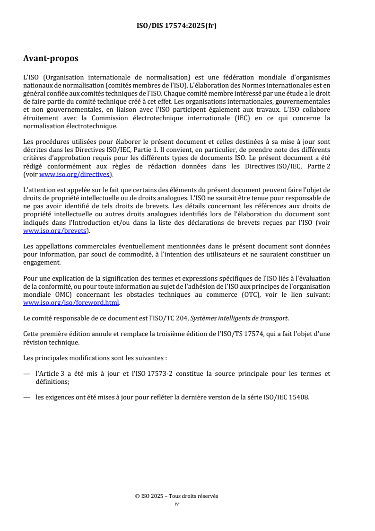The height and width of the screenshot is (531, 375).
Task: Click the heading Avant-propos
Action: click(51, 59)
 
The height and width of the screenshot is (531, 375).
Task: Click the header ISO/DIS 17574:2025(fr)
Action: click(176, 26)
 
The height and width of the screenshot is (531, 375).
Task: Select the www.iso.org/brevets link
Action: click(56, 231)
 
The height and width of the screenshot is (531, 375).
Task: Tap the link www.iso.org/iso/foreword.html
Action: click(71, 303)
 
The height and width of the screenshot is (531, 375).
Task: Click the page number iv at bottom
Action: click(176, 504)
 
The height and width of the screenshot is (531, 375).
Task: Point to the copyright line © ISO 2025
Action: click(176, 496)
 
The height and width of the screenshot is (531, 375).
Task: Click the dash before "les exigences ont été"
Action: click(26, 397)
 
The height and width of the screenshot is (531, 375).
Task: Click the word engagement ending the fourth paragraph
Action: click(42, 263)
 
